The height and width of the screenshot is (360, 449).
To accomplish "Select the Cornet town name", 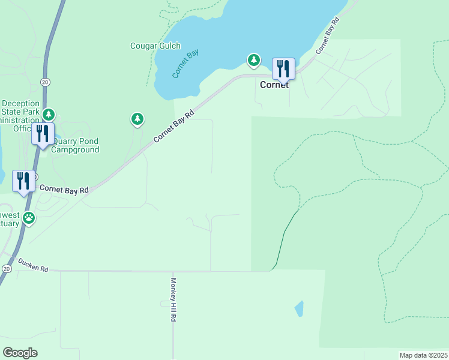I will point(274,85).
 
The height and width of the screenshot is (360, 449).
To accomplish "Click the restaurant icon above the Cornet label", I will point(283,68).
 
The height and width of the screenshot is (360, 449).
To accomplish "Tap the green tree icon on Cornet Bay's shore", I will point(255,59).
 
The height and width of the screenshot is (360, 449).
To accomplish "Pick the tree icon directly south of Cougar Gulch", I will point(137,119).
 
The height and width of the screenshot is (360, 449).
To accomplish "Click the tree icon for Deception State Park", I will point(49,114).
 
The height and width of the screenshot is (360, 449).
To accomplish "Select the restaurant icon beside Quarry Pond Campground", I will point(42,133).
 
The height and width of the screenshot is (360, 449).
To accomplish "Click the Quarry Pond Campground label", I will point(75,146).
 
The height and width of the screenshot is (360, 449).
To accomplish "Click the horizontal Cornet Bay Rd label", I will point(64,189).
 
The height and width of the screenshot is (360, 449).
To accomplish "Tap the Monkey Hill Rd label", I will point(173,300).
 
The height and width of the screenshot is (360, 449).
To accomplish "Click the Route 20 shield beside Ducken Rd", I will point(6,269).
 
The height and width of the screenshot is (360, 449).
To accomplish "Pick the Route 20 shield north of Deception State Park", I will point(45,82).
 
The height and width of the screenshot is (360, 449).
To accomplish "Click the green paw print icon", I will point(29,218).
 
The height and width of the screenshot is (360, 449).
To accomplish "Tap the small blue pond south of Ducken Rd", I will point(299,308).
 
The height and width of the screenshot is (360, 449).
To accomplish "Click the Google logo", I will point(20,353).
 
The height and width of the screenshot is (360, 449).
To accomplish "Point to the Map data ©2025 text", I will point(423,355).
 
